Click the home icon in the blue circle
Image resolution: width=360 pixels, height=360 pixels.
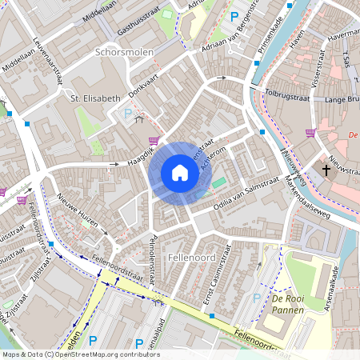[x=180, y=173]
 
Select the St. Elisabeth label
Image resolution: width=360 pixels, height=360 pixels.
[x=94, y=98]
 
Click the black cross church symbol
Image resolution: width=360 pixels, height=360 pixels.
[x=326, y=170]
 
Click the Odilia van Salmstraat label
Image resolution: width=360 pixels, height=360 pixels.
[x=243, y=196]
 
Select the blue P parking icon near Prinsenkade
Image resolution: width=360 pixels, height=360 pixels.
[x=234, y=16]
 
